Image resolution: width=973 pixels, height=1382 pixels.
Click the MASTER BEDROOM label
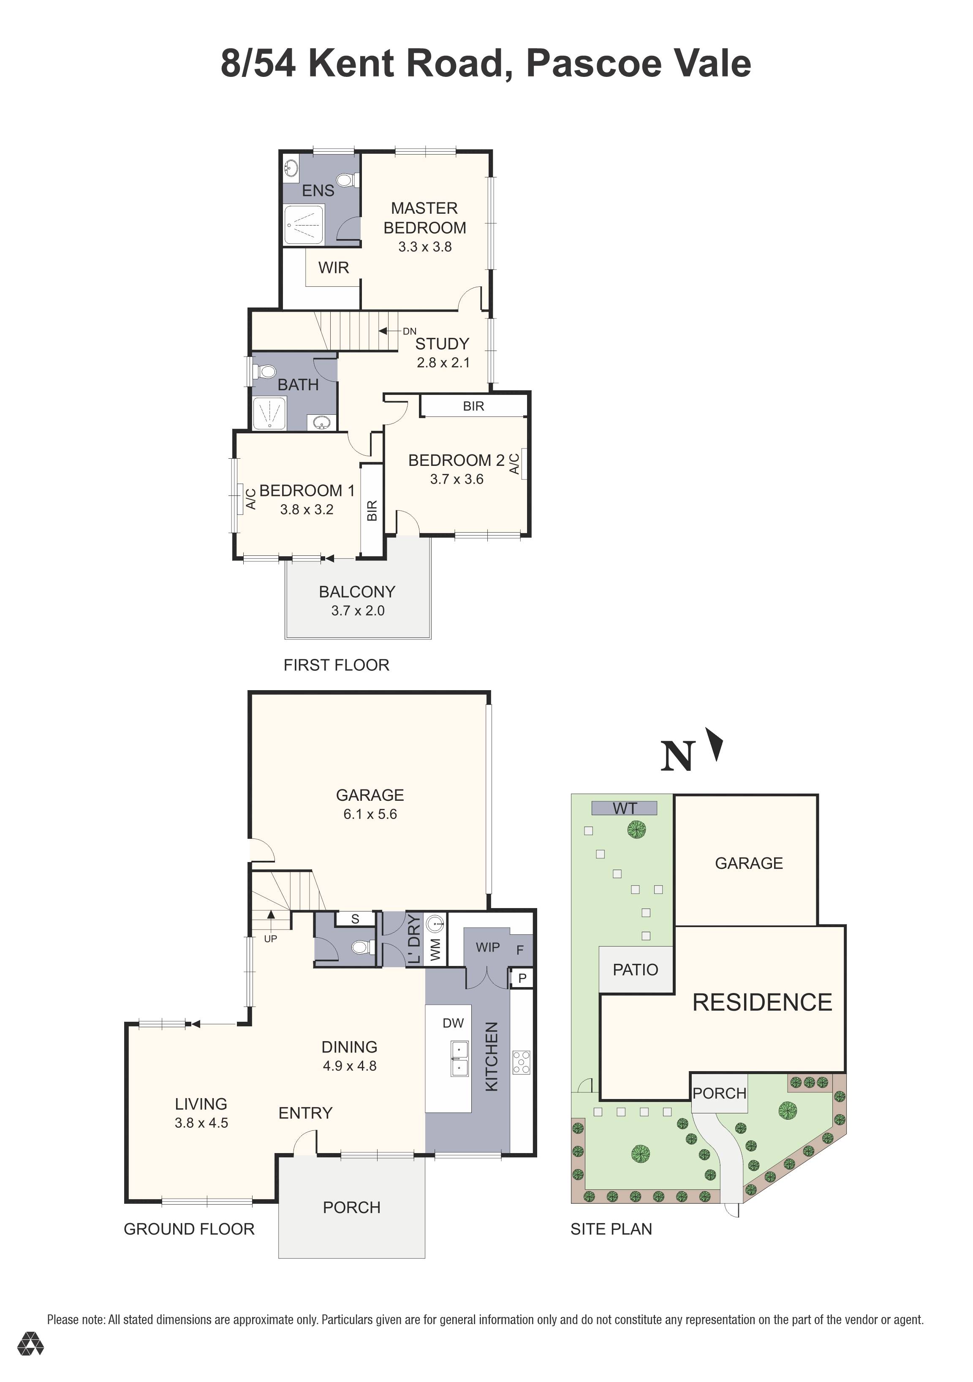pyautogui.click(x=424, y=218)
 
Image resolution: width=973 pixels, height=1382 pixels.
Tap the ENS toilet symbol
pyautogui.click(x=346, y=180)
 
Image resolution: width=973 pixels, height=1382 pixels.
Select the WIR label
pyautogui.click(x=333, y=267)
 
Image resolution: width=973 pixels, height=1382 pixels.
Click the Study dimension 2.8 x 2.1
pyautogui.click(x=443, y=362)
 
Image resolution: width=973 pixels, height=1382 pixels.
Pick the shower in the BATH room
pyautogui.click(x=268, y=413)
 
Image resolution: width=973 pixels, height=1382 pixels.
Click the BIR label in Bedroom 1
pyautogui.click(x=372, y=510)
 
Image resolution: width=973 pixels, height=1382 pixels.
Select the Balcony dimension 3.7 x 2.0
pyautogui.click(x=357, y=610)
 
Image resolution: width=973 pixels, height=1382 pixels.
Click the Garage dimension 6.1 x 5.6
pyautogui.click(x=370, y=814)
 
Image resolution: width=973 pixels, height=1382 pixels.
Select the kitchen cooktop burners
pyautogui.click(x=521, y=1062)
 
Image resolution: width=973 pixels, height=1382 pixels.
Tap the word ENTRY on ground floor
pyautogui.click(x=305, y=1113)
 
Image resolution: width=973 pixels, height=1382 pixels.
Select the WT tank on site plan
pyautogui.click(x=624, y=808)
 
